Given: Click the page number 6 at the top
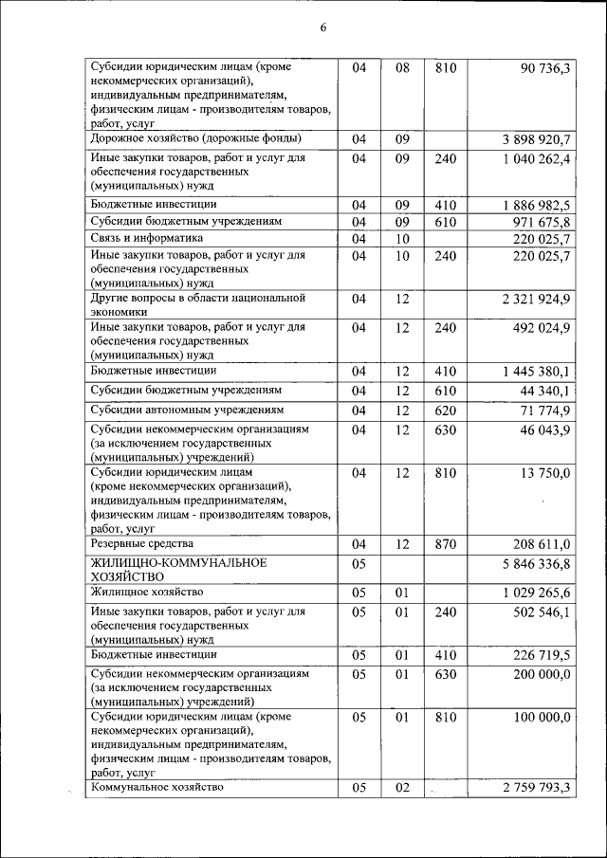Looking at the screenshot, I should (x=322, y=27).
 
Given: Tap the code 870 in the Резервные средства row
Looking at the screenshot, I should (x=446, y=544).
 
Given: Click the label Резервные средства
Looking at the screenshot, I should (x=141, y=543).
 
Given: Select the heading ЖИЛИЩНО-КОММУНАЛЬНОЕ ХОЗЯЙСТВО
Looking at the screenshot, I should (x=177, y=569).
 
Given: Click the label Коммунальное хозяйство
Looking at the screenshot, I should (x=156, y=786).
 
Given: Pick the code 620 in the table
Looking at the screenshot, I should (x=446, y=411).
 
